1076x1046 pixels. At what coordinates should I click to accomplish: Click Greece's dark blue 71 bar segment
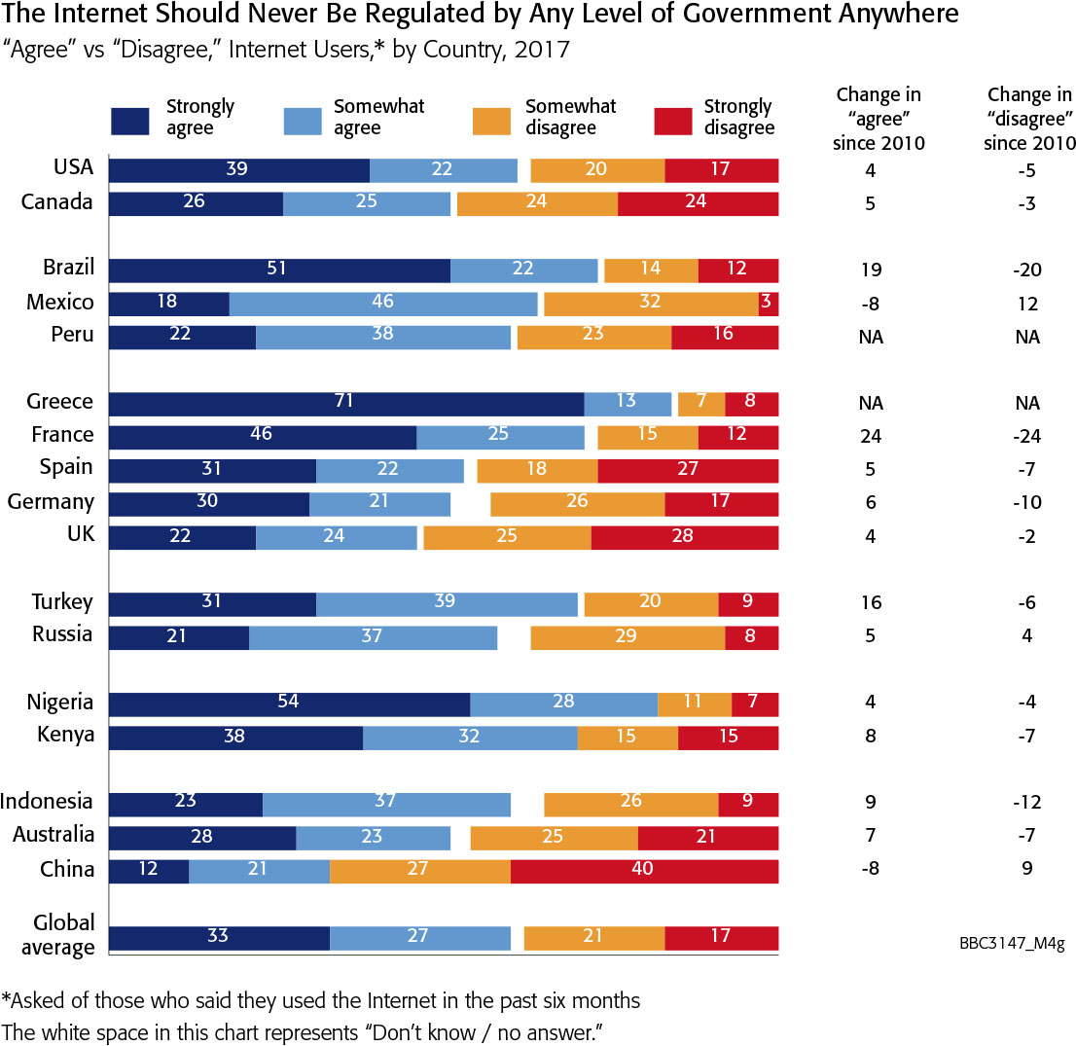[x=345, y=403]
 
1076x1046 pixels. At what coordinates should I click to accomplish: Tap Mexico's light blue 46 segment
[x=382, y=304]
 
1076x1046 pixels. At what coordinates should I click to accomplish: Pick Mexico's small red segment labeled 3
[x=768, y=304]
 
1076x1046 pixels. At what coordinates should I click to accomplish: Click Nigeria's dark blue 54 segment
[x=289, y=703]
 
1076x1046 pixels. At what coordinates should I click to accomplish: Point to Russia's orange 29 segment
[x=628, y=637]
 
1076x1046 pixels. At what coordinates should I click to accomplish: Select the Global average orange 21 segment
[x=593, y=938]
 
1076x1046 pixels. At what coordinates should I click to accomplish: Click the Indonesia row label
[x=47, y=803]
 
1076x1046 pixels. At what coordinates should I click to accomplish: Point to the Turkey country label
[x=61, y=602]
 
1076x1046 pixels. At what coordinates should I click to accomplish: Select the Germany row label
[x=51, y=502]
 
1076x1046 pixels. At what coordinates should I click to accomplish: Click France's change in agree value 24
[x=872, y=436]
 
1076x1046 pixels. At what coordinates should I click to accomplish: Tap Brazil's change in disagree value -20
[x=1026, y=271]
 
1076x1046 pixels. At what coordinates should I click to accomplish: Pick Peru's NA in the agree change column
[x=872, y=337]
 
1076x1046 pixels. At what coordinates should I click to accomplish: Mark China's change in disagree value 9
[x=1026, y=868]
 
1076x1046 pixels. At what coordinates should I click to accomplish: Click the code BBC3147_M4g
[x=1013, y=944]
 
